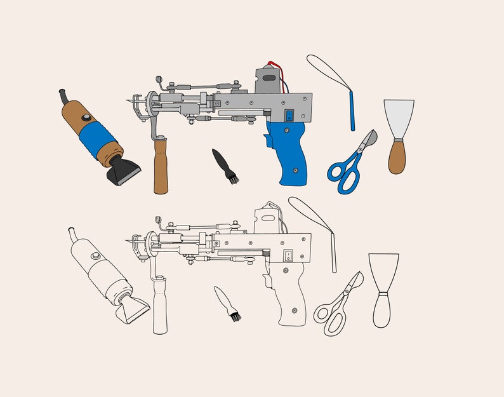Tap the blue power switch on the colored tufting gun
[289, 116]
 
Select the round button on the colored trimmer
[86, 119]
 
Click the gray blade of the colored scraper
[399, 118]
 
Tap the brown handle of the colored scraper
[397, 158]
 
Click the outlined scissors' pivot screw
[346, 293]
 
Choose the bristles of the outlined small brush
[234, 314]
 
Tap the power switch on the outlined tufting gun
[287, 256]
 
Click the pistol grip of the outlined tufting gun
[289, 292]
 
